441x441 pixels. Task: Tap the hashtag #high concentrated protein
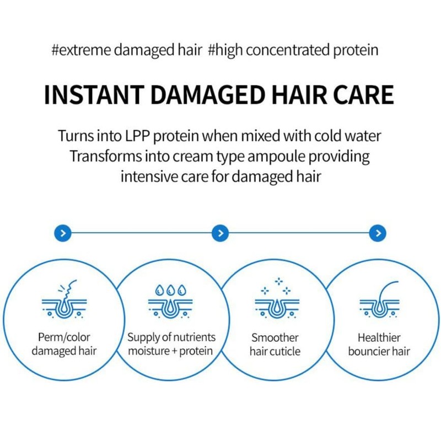pyautogui.click(x=293, y=51)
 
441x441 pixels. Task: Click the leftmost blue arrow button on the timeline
pyautogui.click(x=63, y=233)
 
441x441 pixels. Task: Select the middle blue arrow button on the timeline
pyautogui.click(x=220, y=233)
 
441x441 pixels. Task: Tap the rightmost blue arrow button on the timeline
pyautogui.click(x=378, y=233)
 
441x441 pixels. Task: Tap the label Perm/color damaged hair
pyautogui.click(x=64, y=344)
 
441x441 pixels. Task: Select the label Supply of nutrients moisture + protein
pyautogui.click(x=171, y=344)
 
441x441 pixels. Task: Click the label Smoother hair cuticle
pyautogui.click(x=274, y=344)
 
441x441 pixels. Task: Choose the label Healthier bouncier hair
pyautogui.click(x=379, y=344)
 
